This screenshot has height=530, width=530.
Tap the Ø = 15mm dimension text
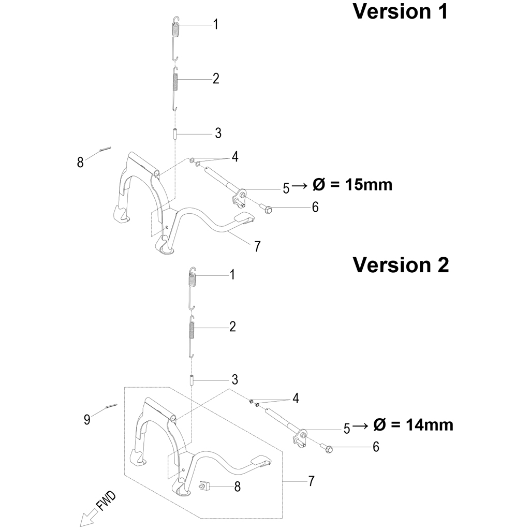(352, 185)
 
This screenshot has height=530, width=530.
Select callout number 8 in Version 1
(80, 163)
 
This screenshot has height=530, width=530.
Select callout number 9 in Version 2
(87, 419)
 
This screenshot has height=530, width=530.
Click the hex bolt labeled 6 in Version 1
(266, 210)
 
